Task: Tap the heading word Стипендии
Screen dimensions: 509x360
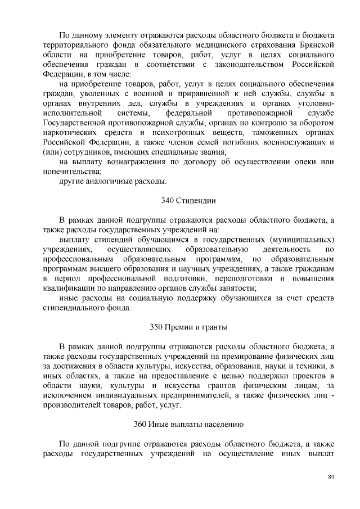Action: coord(196,200)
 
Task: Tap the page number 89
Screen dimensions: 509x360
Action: coord(331,477)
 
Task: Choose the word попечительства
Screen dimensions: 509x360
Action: coord(72,172)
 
